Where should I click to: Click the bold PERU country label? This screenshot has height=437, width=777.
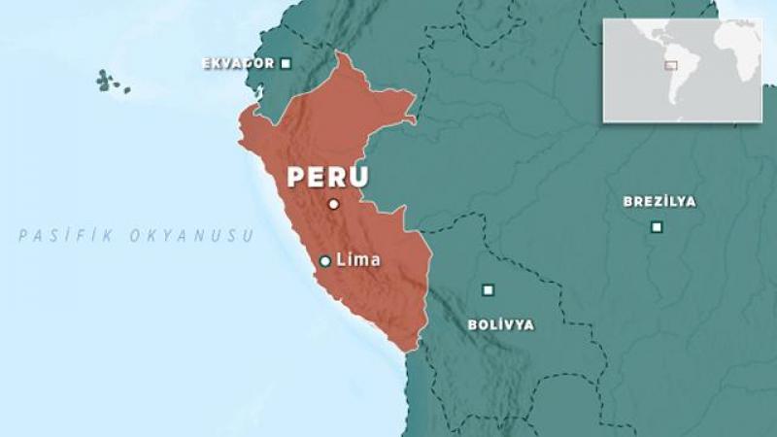tap(326, 178)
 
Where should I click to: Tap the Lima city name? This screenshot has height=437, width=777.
tap(357, 260)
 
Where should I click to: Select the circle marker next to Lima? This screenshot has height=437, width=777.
tap(325, 260)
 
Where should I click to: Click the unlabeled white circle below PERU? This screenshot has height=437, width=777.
tap(333, 204)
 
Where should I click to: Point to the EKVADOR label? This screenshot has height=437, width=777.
tap(236, 64)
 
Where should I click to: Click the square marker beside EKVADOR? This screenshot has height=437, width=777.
tap(286, 64)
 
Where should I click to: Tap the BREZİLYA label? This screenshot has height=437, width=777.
tap(659, 202)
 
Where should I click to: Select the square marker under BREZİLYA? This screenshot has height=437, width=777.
tap(657, 227)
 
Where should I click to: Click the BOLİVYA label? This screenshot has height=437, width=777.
tap(500, 324)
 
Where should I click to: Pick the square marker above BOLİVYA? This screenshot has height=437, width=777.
tap(488, 289)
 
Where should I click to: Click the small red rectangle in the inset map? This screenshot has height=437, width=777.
tap(670, 66)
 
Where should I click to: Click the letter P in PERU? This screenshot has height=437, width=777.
tap(294, 178)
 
